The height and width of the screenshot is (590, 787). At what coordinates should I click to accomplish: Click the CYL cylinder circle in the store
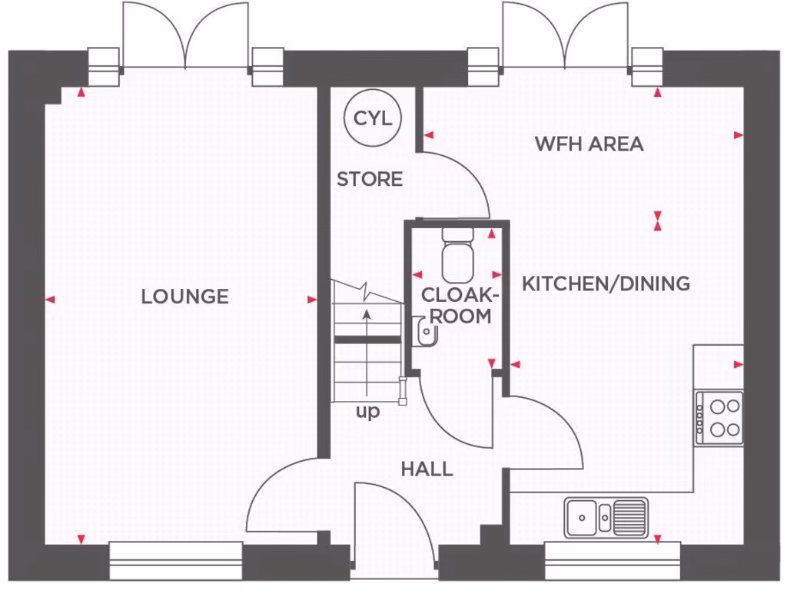pos(373,118)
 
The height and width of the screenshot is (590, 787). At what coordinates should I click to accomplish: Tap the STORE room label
pos(370,179)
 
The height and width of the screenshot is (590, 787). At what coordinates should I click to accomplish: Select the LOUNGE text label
pos(184,296)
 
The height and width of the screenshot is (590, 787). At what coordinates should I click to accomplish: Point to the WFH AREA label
pos(589,144)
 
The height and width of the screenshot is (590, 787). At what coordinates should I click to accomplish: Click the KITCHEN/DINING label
pos(606,283)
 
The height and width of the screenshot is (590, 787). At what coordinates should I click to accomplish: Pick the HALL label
pos(427,469)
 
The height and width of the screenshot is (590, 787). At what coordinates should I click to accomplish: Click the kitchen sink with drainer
pos(606,516)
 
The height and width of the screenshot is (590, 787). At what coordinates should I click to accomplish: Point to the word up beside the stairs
pos(367,413)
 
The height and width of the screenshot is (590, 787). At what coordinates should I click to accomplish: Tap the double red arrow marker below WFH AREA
pos(657,221)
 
